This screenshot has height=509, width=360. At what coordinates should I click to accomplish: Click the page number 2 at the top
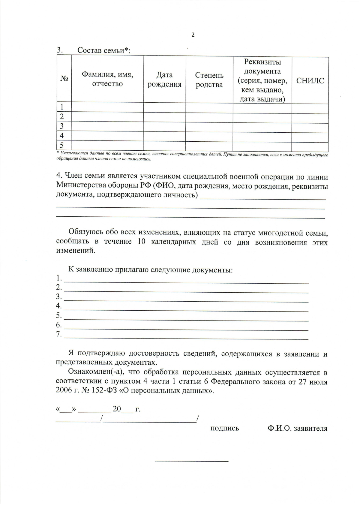tap(193, 35)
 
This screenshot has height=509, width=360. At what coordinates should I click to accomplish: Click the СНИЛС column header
tap(310, 81)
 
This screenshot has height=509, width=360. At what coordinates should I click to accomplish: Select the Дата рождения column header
tap(164, 80)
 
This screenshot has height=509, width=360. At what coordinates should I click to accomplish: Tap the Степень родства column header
tap(209, 80)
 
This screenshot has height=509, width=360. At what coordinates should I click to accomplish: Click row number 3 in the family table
tap(62, 126)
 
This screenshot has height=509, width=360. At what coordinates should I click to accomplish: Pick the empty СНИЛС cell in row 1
tap(310, 107)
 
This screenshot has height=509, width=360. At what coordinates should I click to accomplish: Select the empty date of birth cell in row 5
tap(164, 145)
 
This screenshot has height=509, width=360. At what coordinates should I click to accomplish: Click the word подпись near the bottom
tap(225, 428)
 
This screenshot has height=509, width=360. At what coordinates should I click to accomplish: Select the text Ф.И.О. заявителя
tap(297, 428)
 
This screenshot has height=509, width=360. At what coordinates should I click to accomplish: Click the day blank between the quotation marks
tap(66, 410)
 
